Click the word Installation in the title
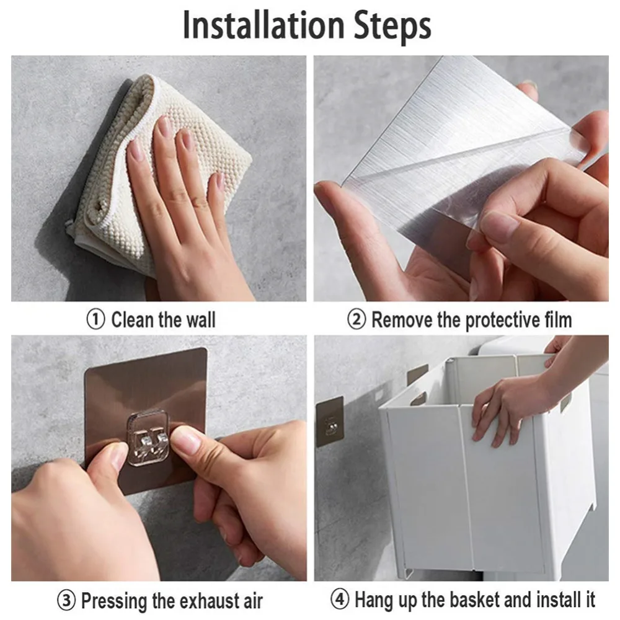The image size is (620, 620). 264,25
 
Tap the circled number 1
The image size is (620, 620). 95,319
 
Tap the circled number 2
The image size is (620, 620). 356,319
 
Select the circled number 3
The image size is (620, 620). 66,600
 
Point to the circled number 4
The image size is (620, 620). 340,600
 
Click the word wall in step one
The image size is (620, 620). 201,319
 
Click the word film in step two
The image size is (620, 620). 559,319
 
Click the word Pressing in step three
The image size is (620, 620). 114,601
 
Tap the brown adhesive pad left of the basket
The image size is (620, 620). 330,422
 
